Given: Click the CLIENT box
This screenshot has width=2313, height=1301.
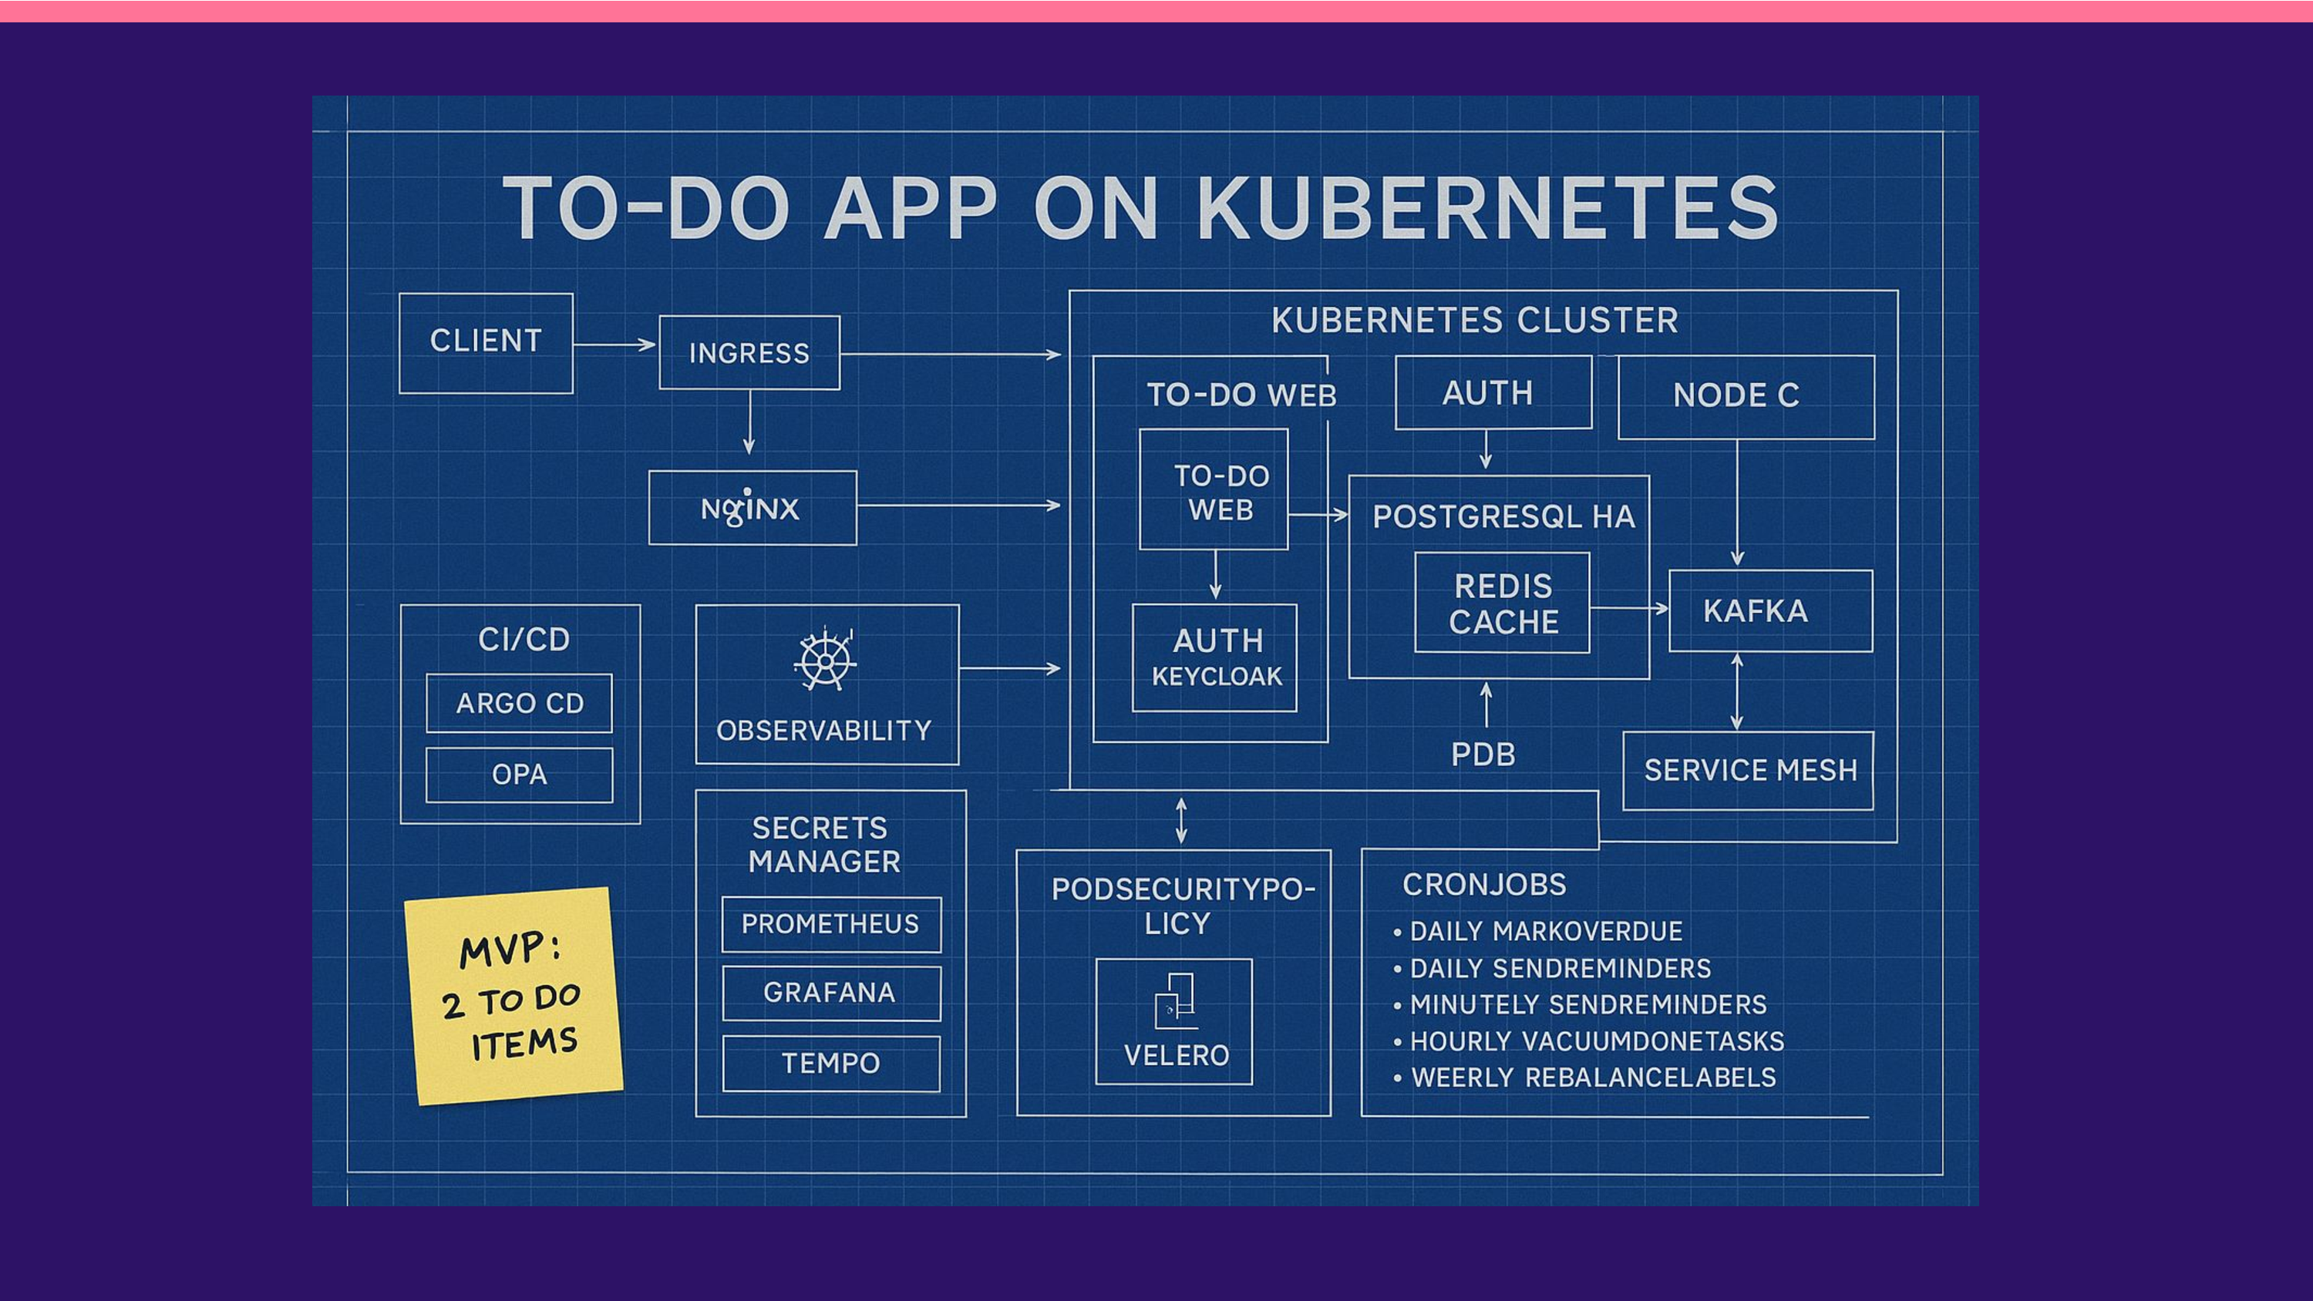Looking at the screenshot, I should point(486,343).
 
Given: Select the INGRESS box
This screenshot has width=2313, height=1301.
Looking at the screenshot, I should point(749,353).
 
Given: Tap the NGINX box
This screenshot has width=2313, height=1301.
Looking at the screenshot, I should point(752,508).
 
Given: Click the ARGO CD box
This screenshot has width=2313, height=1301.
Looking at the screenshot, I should point(519,703).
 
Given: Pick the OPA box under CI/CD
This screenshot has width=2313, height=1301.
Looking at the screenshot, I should point(519,774).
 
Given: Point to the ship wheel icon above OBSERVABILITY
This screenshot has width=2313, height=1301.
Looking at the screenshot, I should point(824,660).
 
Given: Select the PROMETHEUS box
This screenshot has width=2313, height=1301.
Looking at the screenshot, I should point(830,924).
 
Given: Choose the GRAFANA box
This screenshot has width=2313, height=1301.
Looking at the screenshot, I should point(830,993).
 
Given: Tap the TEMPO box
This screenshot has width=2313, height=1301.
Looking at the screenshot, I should point(830,1064).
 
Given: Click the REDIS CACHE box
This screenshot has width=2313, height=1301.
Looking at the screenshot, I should point(1502,603).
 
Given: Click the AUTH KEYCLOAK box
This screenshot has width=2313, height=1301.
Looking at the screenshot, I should point(1215,658).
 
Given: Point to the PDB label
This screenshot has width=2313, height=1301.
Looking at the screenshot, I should point(1483,755).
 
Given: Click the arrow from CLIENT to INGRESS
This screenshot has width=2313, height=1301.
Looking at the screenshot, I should point(614,345).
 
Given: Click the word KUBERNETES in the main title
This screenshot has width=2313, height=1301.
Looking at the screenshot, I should point(1487,209).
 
